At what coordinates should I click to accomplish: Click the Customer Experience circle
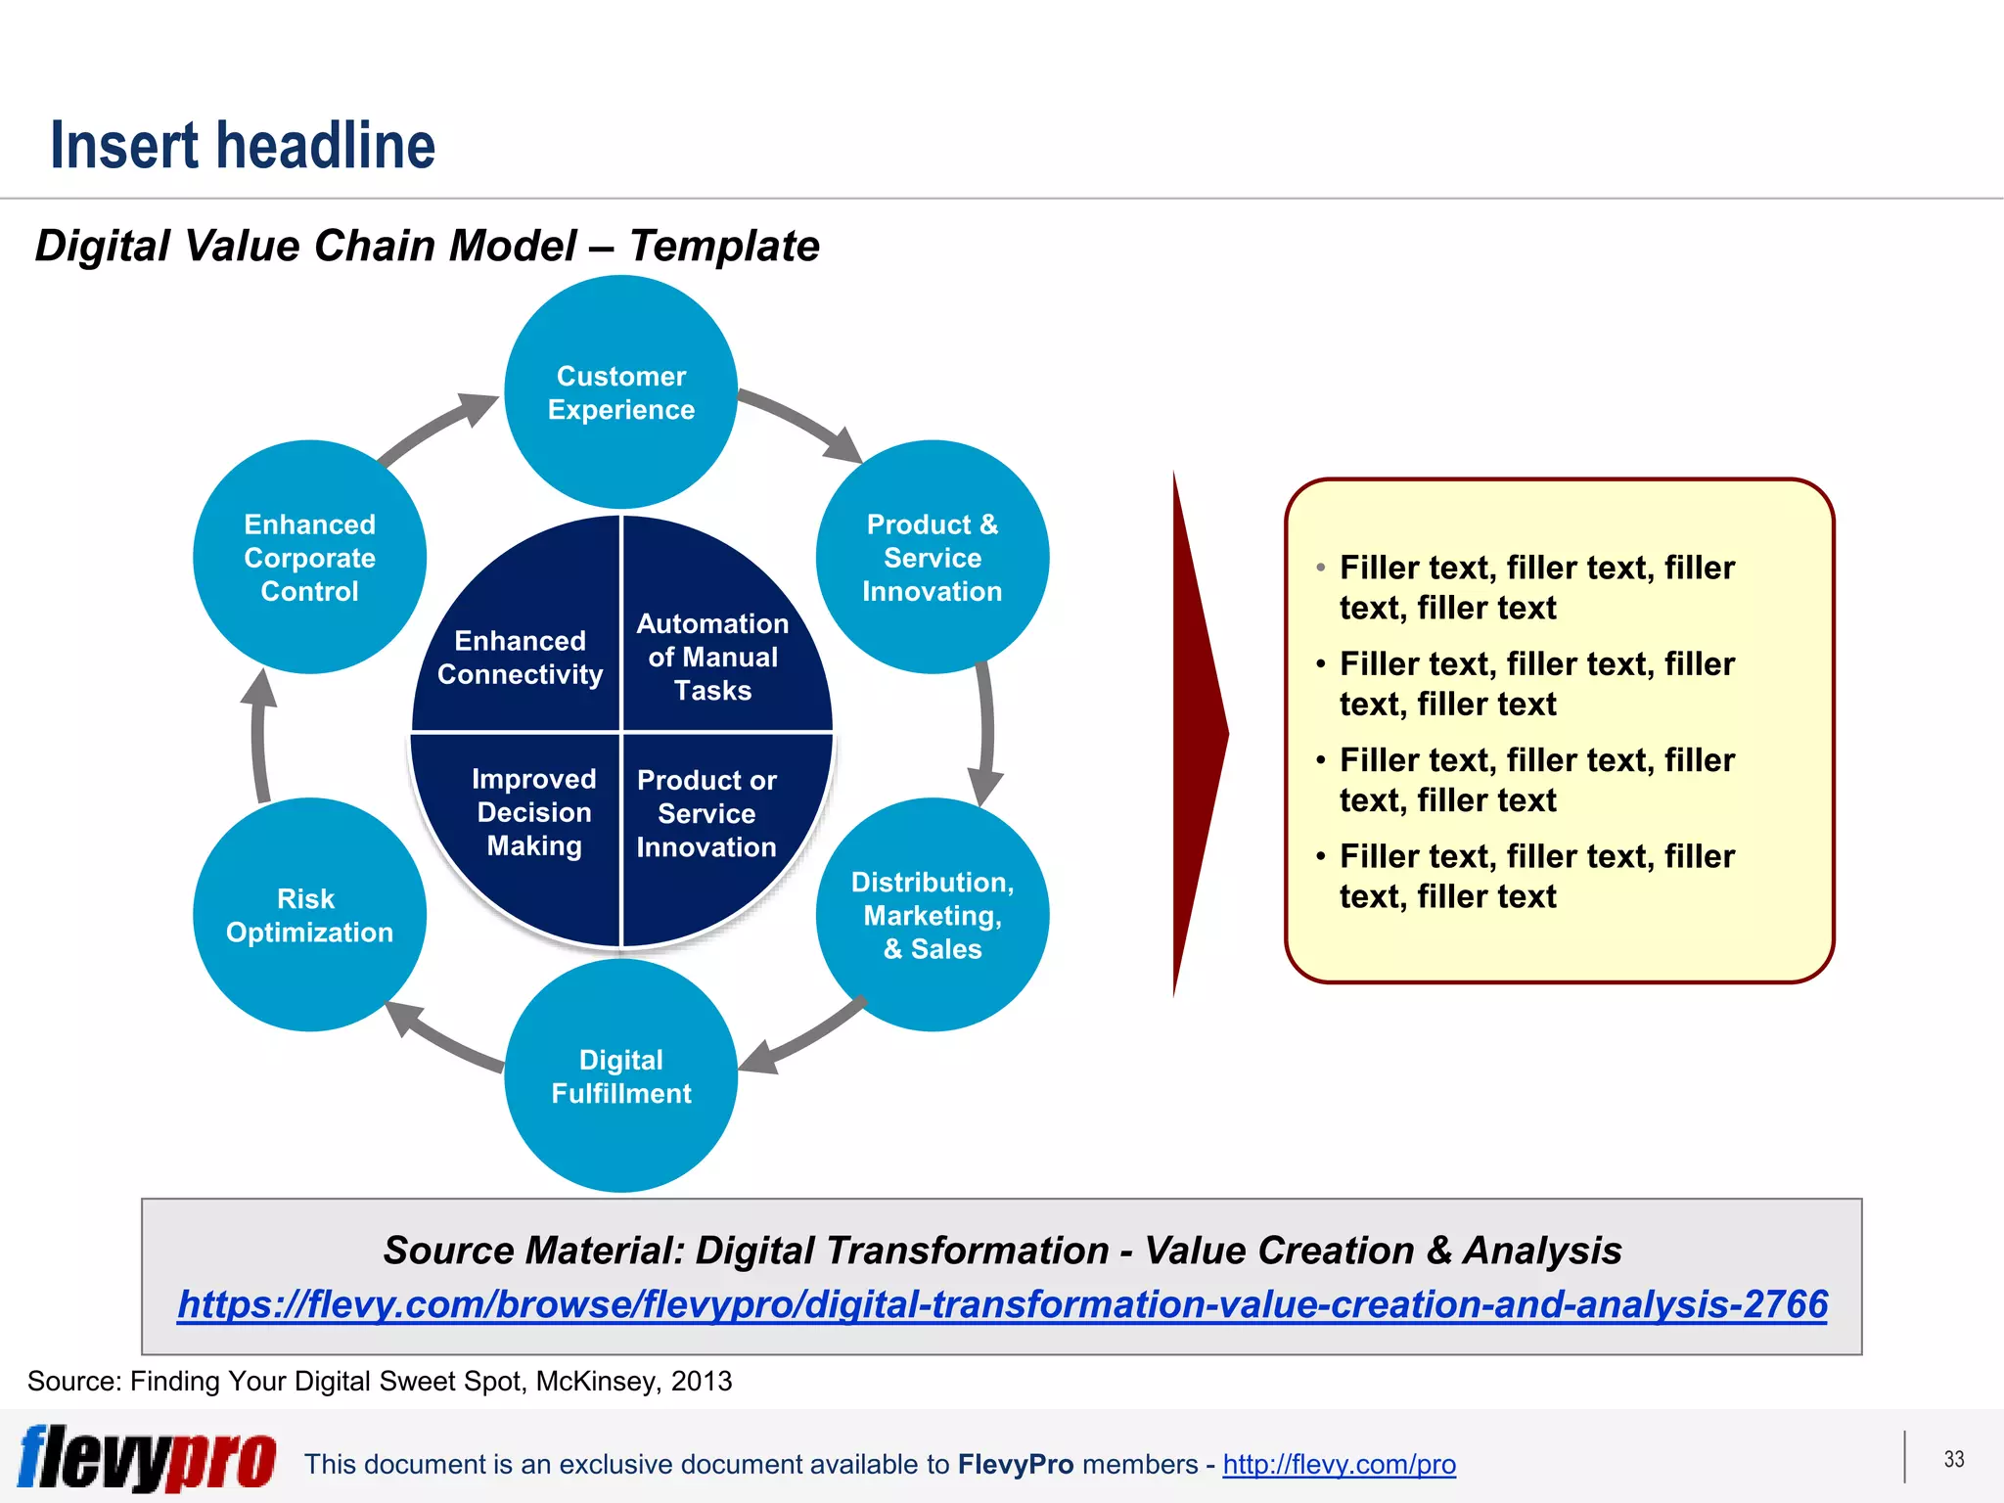tap(620, 392)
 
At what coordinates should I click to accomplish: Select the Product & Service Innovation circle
tap(932, 557)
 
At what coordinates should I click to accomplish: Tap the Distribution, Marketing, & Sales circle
tap(932, 915)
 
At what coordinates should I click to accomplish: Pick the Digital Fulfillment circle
tap(620, 1076)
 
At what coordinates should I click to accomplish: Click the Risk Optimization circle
tap(309, 915)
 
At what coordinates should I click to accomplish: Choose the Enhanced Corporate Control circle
tap(309, 557)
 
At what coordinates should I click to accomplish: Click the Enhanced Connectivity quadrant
tap(520, 657)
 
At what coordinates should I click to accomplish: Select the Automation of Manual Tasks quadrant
tap(712, 657)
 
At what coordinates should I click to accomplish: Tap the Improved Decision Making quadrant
tap(533, 812)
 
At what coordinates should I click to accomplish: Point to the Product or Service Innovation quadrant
tap(706, 813)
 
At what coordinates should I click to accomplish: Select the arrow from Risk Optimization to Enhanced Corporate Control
tap(259, 734)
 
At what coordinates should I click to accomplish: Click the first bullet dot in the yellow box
tap(1321, 568)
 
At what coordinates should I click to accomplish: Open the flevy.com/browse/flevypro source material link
tap(1002, 1304)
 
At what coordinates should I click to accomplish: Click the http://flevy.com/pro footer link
tap(1339, 1464)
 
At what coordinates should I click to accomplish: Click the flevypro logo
tap(147, 1458)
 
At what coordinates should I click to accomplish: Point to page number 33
tap(1953, 1459)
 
